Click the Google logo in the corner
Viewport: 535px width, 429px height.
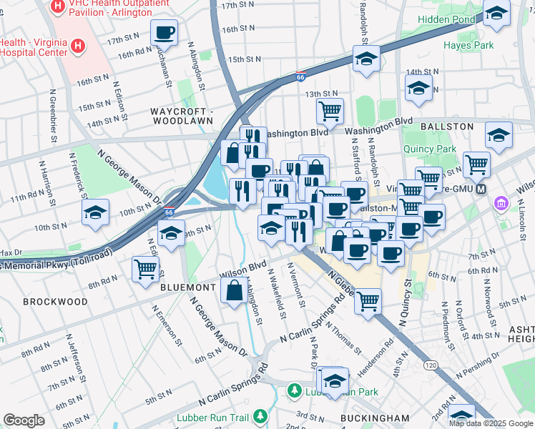click(x=24, y=420)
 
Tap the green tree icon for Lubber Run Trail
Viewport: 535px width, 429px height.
click(x=261, y=415)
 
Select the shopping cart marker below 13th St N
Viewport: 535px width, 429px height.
click(x=330, y=110)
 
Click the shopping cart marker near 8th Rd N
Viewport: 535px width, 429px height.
click(x=145, y=269)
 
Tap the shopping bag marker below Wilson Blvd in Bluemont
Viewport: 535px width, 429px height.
click(x=235, y=291)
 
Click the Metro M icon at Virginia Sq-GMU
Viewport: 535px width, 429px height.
click(x=481, y=189)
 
